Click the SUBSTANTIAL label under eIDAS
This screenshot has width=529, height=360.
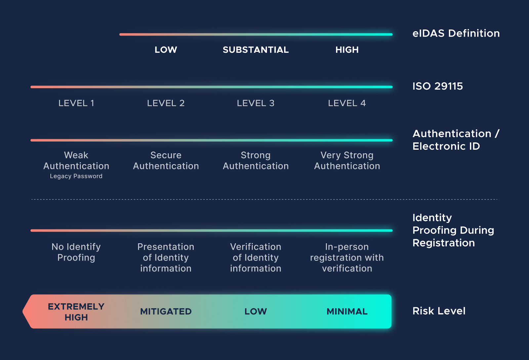(x=256, y=50)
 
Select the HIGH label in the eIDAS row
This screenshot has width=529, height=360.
(x=347, y=50)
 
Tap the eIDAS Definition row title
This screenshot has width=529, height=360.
(x=456, y=33)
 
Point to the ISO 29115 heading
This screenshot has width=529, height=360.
(x=438, y=86)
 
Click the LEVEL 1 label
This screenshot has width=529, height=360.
(x=76, y=103)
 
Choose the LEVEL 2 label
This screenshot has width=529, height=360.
(x=166, y=103)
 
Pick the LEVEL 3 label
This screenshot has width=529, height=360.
(x=256, y=103)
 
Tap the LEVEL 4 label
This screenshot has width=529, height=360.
(x=347, y=103)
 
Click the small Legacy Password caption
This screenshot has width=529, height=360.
(x=76, y=176)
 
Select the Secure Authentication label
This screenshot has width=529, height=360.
(x=166, y=160)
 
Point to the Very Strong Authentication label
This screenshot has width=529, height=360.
(x=347, y=160)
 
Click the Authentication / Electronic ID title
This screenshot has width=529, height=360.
(x=456, y=140)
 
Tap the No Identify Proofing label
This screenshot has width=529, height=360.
(x=76, y=252)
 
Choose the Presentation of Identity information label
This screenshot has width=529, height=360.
(x=166, y=258)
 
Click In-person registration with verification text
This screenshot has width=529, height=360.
(x=347, y=258)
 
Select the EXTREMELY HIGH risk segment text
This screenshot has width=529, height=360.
(x=76, y=312)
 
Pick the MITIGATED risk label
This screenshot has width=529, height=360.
(x=166, y=312)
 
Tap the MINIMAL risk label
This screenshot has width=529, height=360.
(x=347, y=312)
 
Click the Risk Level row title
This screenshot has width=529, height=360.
(x=439, y=311)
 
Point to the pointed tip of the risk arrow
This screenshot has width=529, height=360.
(x=23, y=312)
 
